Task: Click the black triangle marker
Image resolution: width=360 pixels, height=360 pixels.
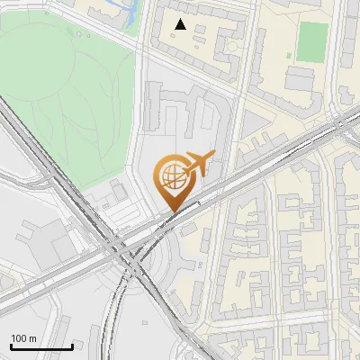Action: click(182, 24)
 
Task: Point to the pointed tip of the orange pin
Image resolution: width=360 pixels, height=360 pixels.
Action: click(172, 211)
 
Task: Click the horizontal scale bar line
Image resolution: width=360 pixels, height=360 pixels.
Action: click(41, 346)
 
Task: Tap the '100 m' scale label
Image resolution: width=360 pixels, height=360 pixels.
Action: click(24, 338)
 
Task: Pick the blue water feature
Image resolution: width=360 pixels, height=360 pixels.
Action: click(128, 14)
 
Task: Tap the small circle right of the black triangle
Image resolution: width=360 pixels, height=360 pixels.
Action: click(230, 45)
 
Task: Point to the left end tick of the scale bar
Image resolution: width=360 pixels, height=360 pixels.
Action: click(11, 345)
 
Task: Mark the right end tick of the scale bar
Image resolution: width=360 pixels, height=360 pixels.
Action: click(72, 345)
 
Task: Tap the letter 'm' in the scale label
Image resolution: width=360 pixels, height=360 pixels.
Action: click(33, 338)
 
